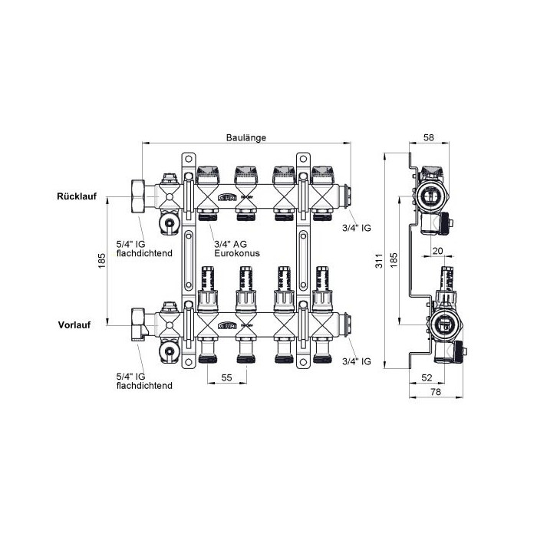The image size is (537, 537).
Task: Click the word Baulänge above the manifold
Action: tap(246, 137)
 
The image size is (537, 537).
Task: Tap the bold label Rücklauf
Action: tap(77, 196)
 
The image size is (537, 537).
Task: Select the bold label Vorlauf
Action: tap(74, 325)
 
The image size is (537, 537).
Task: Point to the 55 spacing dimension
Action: tap(227, 377)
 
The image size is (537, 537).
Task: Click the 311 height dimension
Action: tap(379, 261)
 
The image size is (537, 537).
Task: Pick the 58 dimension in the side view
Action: tap(428, 137)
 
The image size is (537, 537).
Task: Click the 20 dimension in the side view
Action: tap(438, 251)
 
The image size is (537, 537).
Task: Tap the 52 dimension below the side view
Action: tap(427, 377)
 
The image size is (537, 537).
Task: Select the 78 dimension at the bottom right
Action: tap(436, 392)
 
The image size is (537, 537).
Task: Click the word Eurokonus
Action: tap(237, 253)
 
